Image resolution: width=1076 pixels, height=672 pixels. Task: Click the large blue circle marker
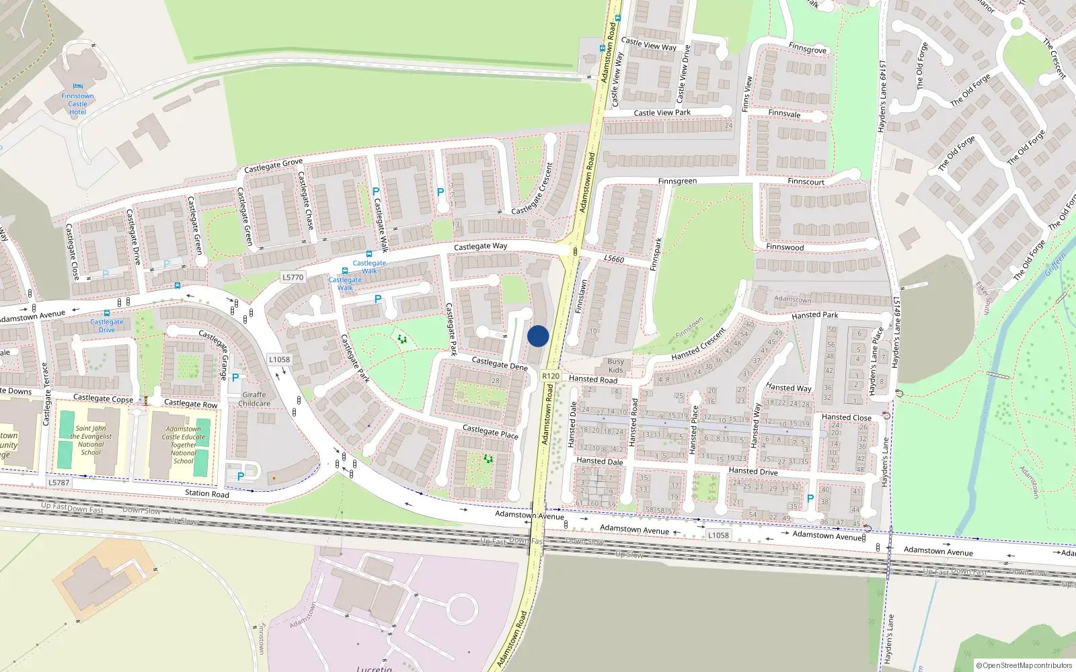point(538,336)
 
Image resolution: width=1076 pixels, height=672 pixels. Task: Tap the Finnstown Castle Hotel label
point(77,104)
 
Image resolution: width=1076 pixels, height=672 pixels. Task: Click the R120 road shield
point(551,376)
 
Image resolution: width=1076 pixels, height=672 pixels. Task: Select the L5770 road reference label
point(293,277)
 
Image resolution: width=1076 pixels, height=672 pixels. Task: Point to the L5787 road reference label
point(59,482)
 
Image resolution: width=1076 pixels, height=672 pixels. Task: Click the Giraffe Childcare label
point(254,399)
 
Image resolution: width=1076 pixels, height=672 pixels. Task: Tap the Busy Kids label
point(615,366)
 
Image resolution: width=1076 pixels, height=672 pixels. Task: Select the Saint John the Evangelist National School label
point(91,440)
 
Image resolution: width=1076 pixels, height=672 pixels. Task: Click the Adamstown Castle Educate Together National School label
point(183,445)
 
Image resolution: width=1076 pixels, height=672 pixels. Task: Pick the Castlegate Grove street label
point(273,165)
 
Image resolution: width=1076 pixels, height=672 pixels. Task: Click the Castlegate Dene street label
point(500,364)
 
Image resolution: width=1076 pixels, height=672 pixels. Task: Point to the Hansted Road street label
point(593,379)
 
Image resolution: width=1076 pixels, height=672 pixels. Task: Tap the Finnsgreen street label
point(677,181)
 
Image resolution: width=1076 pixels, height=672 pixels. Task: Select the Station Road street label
point(207,493)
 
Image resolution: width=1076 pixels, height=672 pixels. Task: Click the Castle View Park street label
point(662,113)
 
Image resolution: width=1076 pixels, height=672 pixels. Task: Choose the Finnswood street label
point(785,247)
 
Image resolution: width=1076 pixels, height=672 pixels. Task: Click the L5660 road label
point(613,259)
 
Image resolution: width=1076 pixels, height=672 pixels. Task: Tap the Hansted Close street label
point(846,417)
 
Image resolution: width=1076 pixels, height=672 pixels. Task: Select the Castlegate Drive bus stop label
point(107,325)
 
